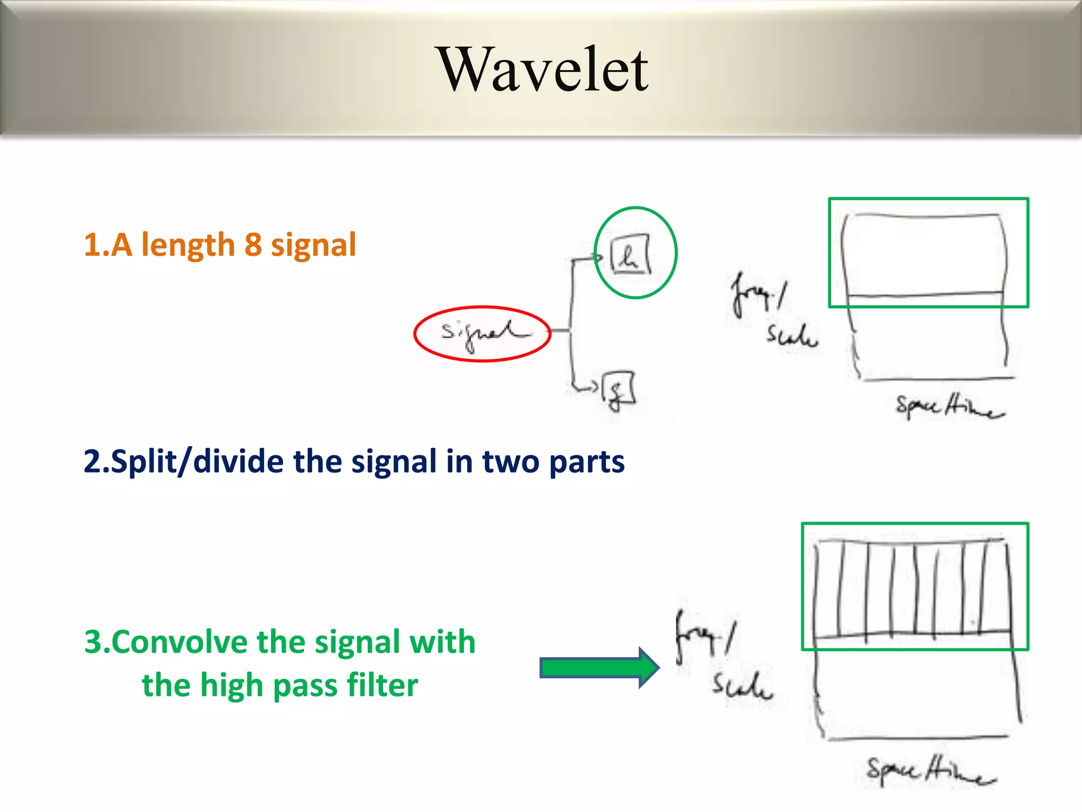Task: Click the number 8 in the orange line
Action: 253,245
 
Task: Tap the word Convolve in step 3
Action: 179,642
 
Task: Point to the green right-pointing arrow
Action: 599,668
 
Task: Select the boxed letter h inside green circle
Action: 630,256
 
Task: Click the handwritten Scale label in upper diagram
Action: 791,336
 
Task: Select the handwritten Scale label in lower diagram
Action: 741,686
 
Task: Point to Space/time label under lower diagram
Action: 930,770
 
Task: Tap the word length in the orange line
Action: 188,245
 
